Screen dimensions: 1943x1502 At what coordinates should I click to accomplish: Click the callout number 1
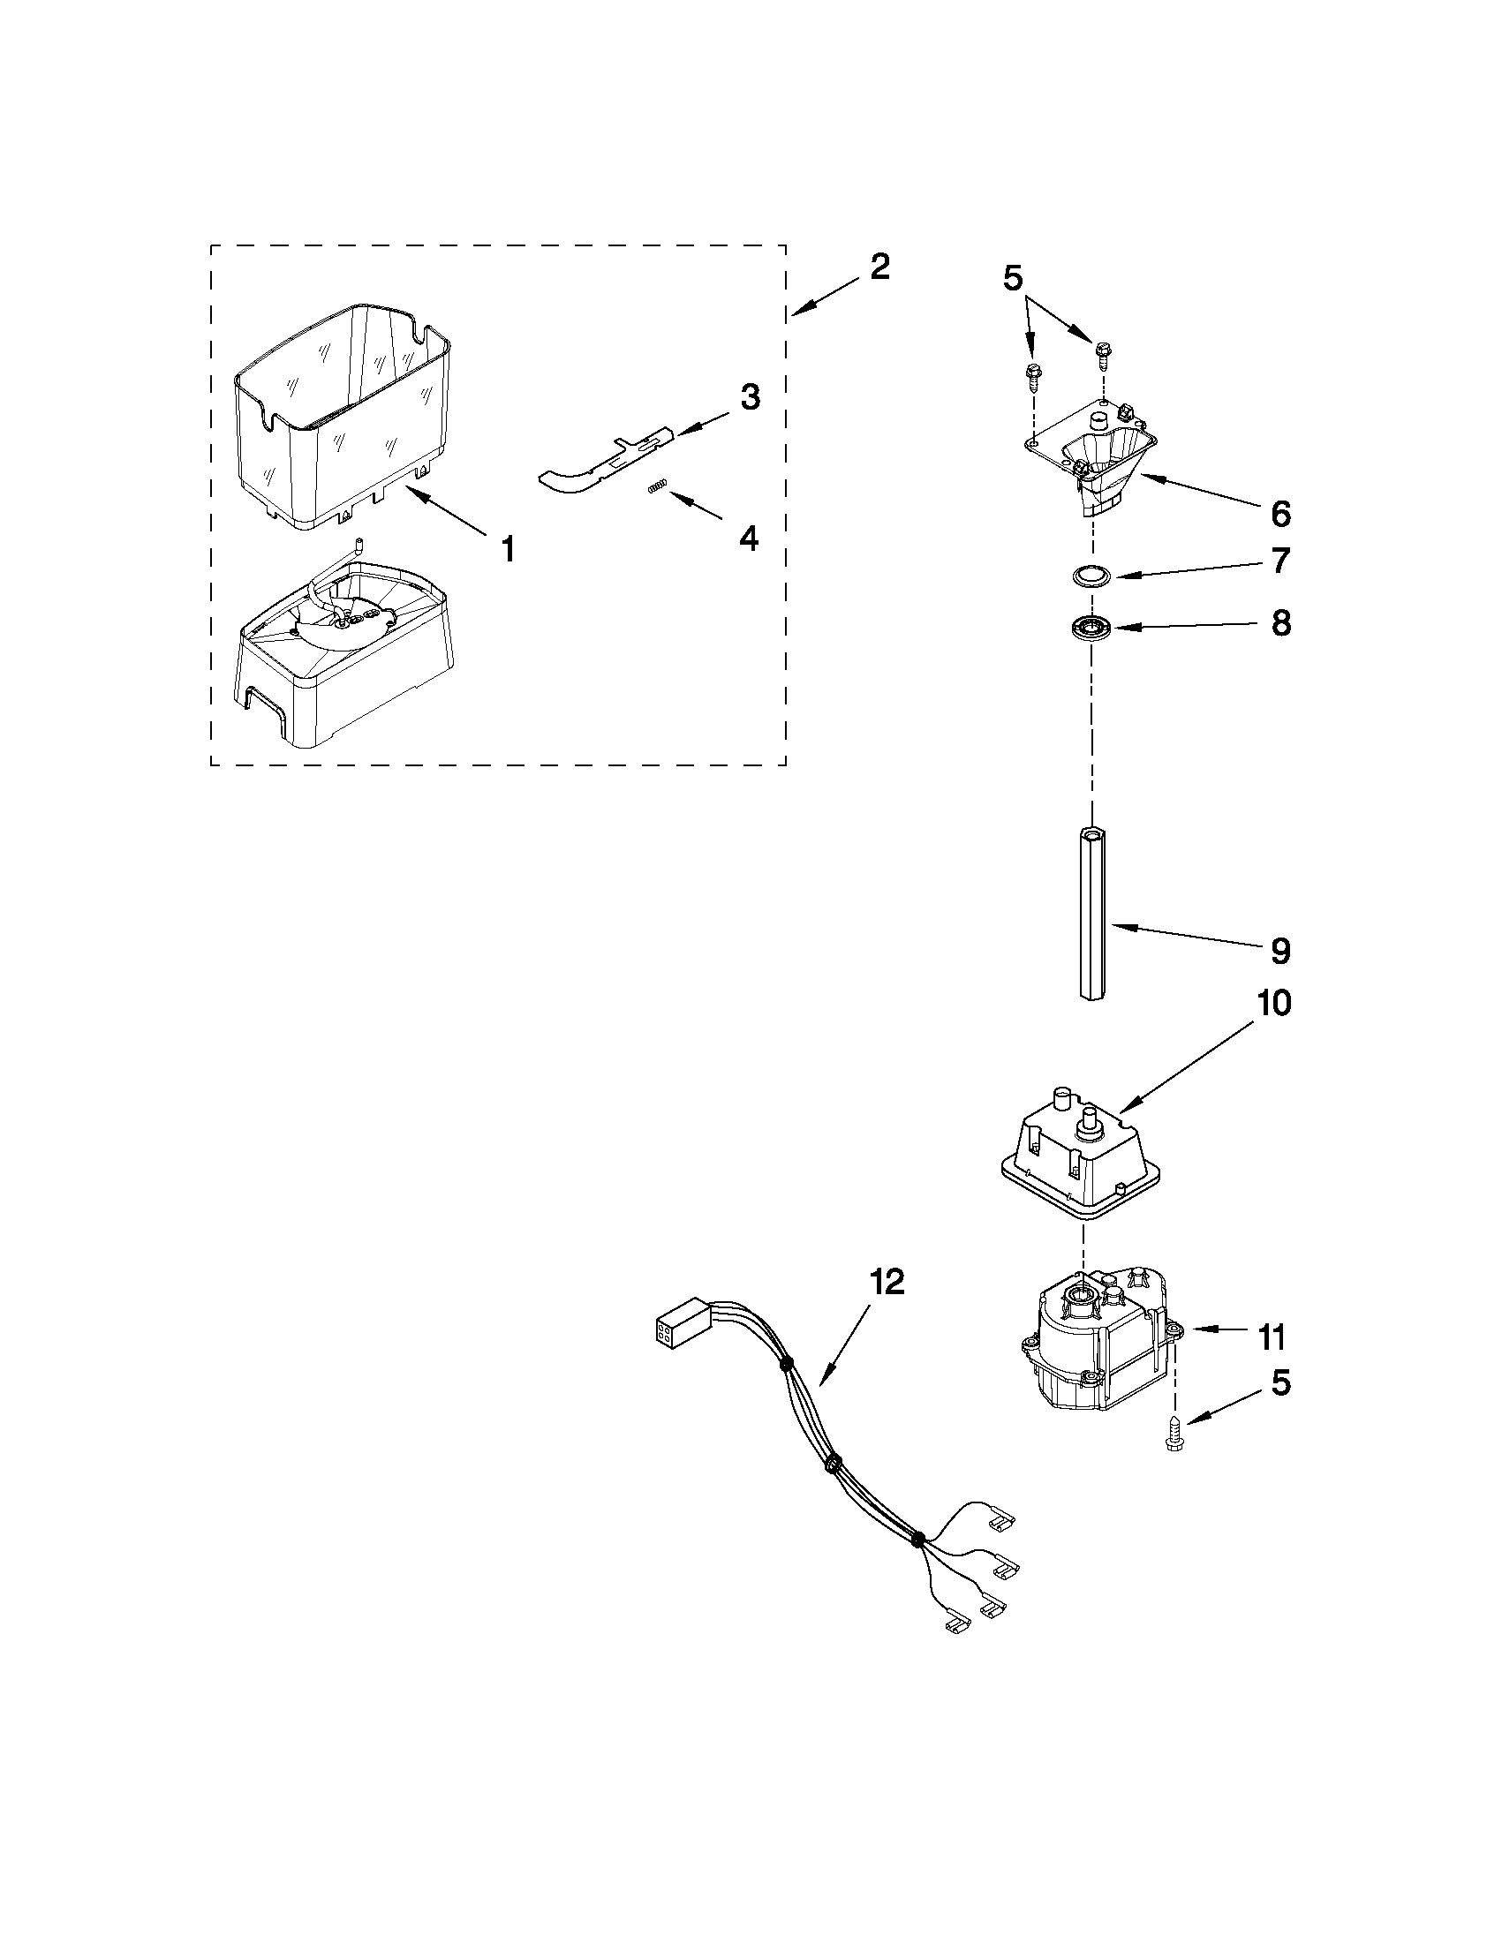click(507, 549)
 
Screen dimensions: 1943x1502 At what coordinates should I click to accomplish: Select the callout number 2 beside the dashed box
click(879, 266)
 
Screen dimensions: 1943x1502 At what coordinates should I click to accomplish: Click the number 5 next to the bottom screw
click(1280, 1382)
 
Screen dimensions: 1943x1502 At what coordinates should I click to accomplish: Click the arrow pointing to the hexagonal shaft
click(1183, 938)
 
